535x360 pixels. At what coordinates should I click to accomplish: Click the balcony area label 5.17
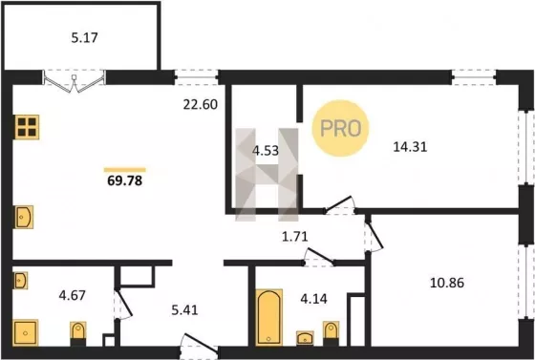pyautogui.click(x=85, y=37)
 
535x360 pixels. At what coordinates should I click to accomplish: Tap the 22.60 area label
pyautogui.click(x=201, y=104)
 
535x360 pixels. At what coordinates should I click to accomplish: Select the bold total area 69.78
pyautogui.click(x=125, y=180)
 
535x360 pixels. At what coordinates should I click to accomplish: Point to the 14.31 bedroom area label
pyautogui.click(x=410, y=147)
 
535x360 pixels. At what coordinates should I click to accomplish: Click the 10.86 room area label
pyautogui.click(x=447, y=283)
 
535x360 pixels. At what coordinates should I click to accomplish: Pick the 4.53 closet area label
pyautogui.click(x=266, y=150)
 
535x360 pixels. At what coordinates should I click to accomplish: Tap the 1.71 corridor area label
pyautogui.click(x=295, y=236)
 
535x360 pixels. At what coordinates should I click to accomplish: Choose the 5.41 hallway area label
pyautogui.click(x=184, y=310)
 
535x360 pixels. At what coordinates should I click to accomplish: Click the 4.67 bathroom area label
pyautogui.click(x=72, y=295)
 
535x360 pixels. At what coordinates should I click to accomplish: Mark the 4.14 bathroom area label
pyautogui.click(x=313, y=299)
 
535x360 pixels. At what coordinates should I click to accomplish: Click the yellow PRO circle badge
pyautogui.click(x=340, y=129)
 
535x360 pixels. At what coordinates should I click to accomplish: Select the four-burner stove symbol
pyautogui.click(x=27, y=127)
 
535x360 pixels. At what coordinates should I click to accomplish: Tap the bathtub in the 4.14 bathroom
pyautogui.click(x=269, y=317)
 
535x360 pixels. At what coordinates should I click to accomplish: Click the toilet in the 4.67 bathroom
pyautogui.click(x=78, y=334)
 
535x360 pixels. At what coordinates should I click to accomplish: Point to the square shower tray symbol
pyautogui.click(x=25, y=332)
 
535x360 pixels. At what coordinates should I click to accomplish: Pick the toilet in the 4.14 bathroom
pyautogui.click(x=331, y=333)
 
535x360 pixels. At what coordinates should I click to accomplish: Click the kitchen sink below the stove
pyautogui.click(x=24, y=217)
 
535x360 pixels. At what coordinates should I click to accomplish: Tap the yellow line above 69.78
pyautogui.click(x=125, y=170)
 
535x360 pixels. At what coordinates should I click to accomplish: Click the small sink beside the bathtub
pyautogui.click(x=305, y=338)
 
